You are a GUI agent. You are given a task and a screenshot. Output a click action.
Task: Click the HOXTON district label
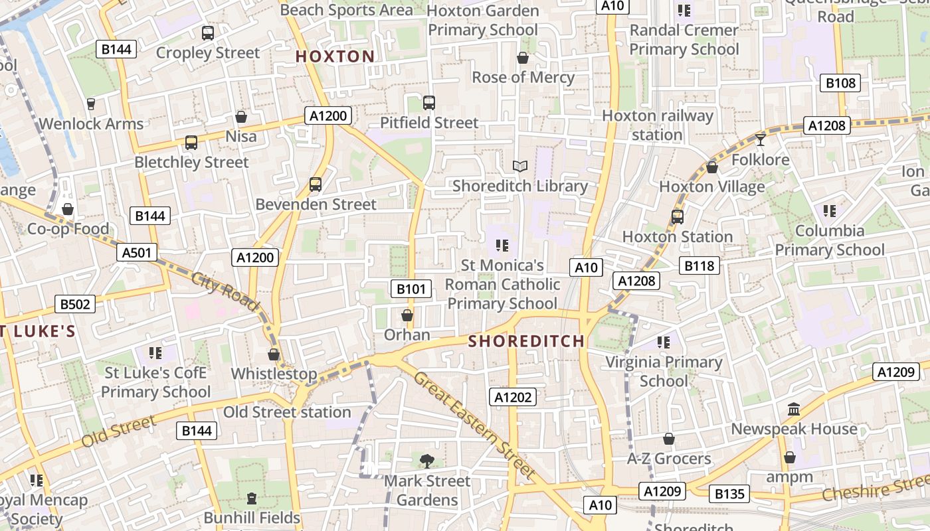pos(335,56)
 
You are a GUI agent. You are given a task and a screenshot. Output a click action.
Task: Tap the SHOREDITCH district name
pos(526,341)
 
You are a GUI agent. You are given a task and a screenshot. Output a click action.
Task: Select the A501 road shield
pos(138,252)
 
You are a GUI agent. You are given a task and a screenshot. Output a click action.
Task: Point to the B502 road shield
pos(75,304)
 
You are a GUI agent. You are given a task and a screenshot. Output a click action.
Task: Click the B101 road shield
pos(411,289)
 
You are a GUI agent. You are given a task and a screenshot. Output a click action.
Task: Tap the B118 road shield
pos(699,266)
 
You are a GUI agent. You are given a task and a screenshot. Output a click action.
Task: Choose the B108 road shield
pos(840,83)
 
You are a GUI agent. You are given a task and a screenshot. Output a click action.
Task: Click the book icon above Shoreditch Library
pos(520,166)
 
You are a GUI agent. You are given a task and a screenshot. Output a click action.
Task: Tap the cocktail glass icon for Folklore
pos(761,139)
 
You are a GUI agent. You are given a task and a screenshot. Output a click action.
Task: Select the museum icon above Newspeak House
pos(794,409)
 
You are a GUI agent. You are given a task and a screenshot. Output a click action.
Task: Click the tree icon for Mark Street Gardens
pos(427,460)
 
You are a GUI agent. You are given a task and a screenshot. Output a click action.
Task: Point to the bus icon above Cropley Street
pos(208,33)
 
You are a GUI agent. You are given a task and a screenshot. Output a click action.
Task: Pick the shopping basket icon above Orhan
pos(407,315)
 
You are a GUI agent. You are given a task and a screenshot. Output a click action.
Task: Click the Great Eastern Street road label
pos(475,425)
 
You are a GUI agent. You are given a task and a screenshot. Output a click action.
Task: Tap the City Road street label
pos(226,291)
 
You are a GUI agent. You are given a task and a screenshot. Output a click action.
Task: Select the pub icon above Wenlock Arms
pos(91,104)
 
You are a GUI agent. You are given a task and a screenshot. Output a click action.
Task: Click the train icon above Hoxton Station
pos(678,216)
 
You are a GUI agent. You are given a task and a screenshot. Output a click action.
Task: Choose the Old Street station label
pos(287,412)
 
